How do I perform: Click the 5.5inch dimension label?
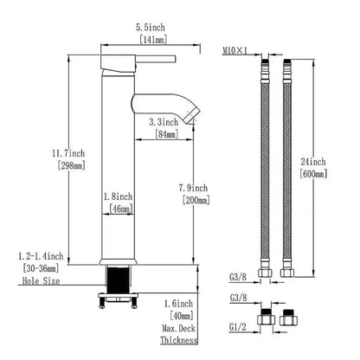151,28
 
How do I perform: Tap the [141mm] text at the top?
153,40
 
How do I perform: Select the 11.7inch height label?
68,153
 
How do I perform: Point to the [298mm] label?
71,165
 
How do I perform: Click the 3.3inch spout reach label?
164,122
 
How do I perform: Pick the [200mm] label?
196,200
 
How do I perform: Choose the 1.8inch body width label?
118,196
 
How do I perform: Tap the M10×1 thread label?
235,51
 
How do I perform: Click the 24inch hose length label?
313,162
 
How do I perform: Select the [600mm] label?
313,174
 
